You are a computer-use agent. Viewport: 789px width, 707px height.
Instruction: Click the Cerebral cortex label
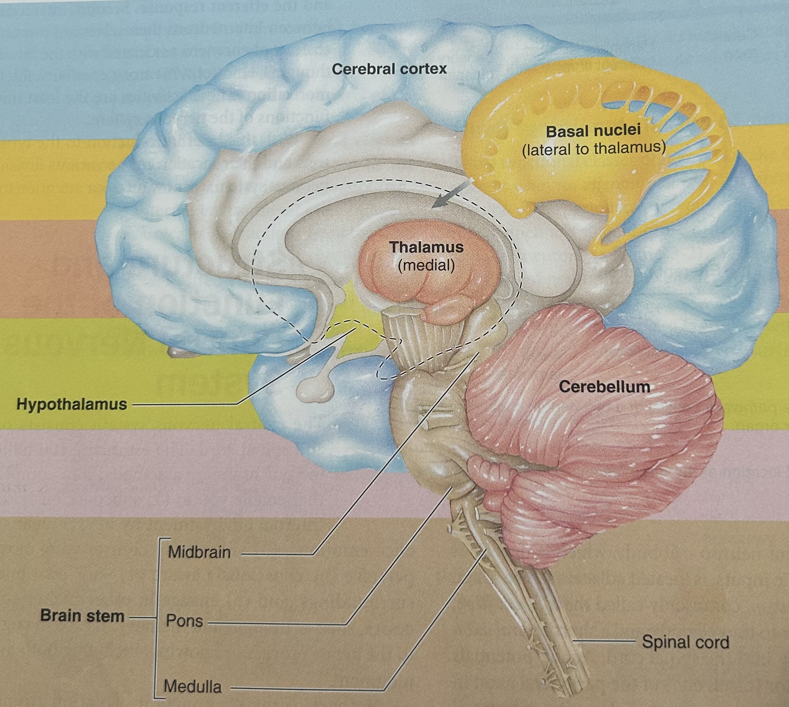coord(389,69)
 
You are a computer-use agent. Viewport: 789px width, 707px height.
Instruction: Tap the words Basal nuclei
coord(593,131)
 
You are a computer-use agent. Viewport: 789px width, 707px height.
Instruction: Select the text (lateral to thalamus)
coord(593,149)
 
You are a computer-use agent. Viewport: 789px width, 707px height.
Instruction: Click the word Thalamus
coord(426,247)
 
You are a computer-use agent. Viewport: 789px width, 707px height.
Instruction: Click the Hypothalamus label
coord(72,404)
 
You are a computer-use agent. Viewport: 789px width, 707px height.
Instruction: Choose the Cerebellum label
coord(604,386)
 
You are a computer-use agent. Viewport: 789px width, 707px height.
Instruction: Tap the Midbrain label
coord(199,552)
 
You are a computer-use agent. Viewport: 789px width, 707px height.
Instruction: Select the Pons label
coord(184,621)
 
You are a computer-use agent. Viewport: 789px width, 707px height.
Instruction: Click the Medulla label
coord(193,687)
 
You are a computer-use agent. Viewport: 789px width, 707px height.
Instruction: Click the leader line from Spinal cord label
coord(606,643)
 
